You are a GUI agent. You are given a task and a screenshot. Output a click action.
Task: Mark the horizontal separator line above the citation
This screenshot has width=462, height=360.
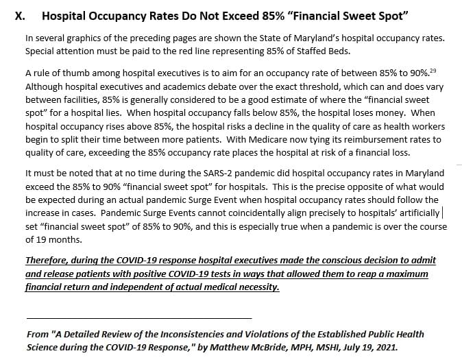pyautogui.click(x=138, y=317)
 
